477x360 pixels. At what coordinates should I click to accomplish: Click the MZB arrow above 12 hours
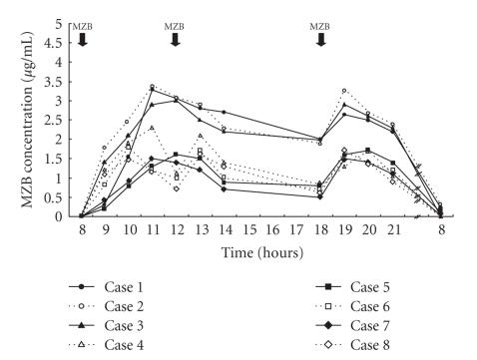175,39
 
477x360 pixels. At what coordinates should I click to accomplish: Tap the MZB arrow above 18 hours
321,39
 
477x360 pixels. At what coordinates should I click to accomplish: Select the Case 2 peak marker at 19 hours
344,91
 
